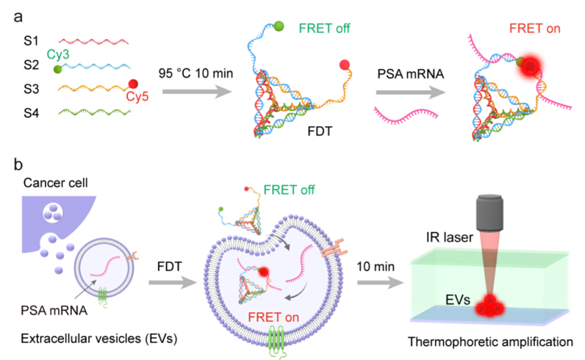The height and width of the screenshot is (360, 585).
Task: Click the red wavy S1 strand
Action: click(x=93, y=40)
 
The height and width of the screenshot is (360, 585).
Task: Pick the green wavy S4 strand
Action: click(x=93, y=114)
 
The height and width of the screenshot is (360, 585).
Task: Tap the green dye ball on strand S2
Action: click(x=57, y=69)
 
